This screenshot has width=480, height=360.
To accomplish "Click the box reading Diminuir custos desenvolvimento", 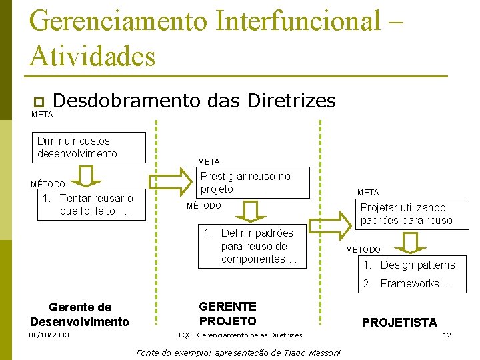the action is click(91, 147).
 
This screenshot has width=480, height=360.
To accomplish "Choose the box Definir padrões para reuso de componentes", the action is click(252, 247).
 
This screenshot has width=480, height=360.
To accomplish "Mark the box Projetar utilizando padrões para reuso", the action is click(406, 214).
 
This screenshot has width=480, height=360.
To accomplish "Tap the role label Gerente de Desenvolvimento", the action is click(80, 315).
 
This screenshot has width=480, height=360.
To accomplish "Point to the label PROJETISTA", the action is click(399, 323).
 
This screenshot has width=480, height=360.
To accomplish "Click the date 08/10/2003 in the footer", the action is click(49, 335).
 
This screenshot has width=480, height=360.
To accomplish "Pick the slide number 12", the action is click(447, 335).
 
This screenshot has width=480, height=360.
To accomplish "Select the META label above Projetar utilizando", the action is click(368, 193).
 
